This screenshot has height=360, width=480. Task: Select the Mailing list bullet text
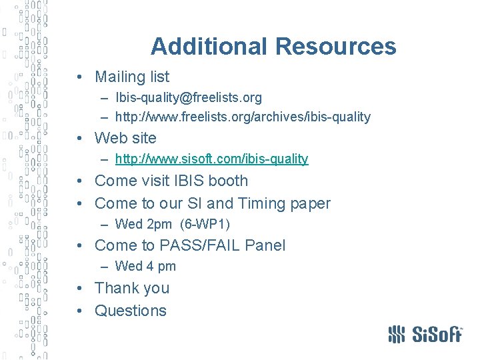point(132,77)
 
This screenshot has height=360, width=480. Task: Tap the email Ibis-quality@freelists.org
point(188,98)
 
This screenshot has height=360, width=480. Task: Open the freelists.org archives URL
point(243,117)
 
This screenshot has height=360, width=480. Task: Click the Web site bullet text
point(125,139)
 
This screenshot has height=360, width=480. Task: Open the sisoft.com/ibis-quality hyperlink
point(211,159)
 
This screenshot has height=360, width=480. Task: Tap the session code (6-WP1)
point(205,225)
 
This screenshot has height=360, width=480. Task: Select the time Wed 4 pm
point(145,267)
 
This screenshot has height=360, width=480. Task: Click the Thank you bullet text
point(132,289)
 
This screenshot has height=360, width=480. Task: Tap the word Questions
point(131,311)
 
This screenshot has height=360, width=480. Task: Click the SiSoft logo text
point(435,333)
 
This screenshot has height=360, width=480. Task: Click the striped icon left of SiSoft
point(397,333)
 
